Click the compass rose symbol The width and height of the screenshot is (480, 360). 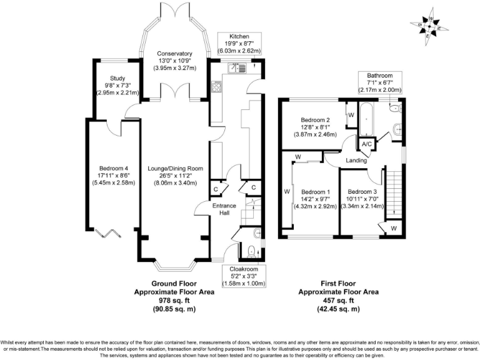coord(429,27)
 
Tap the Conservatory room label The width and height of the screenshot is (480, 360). coord(175,54)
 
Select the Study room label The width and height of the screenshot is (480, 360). coord(117,78)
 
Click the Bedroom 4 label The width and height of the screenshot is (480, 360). coord(114,168)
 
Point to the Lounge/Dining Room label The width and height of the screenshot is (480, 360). coord(176,169)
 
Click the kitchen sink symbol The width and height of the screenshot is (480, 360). coord(237,68)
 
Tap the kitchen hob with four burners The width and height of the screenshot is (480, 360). coord(216,86)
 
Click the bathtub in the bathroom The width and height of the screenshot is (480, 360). coord(366,120)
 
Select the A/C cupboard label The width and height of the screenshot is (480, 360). coord(366,144)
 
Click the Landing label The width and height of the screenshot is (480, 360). coord(356,160)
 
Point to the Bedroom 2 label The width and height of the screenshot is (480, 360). coord(315,120)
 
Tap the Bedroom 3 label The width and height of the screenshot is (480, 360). coord(362,192)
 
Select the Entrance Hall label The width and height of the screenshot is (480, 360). coord(224,209)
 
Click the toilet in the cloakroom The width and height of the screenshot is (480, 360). coord(252,251)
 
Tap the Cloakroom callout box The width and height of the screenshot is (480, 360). coord(244,276)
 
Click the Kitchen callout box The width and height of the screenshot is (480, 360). coord(239,44)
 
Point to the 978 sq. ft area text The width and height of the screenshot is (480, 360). coord(174,300)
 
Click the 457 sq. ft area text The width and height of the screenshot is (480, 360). coord(338,300)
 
